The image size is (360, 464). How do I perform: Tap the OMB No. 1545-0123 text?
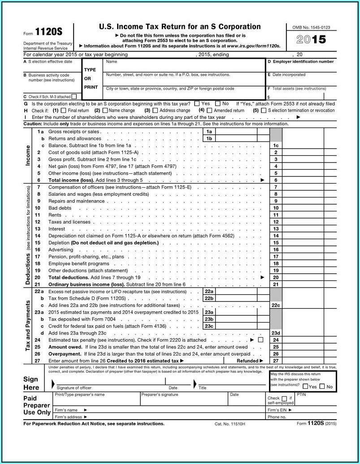(x=311, y=27)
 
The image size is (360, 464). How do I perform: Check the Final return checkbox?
(x=63, y=111)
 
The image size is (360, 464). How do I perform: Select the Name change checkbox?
(x=105, y=111)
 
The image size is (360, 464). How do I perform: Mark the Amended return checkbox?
(x=209, y=111)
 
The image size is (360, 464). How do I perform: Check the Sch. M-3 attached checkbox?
(x=74, y=96)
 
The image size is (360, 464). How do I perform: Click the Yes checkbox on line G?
(x=197, y=103)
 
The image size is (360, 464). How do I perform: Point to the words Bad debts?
(x=60, y=208)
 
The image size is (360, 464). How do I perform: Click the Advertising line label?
(x=61, y=249)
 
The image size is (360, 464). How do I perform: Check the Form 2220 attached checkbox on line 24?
(x=261, y=340)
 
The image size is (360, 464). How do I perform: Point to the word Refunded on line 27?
(x=247, y=361)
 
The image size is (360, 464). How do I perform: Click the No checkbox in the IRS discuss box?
(x=322, y=387)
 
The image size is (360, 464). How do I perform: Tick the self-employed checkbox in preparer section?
(x=284, y=398)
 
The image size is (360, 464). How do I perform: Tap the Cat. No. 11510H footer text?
(x=230, y=424)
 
